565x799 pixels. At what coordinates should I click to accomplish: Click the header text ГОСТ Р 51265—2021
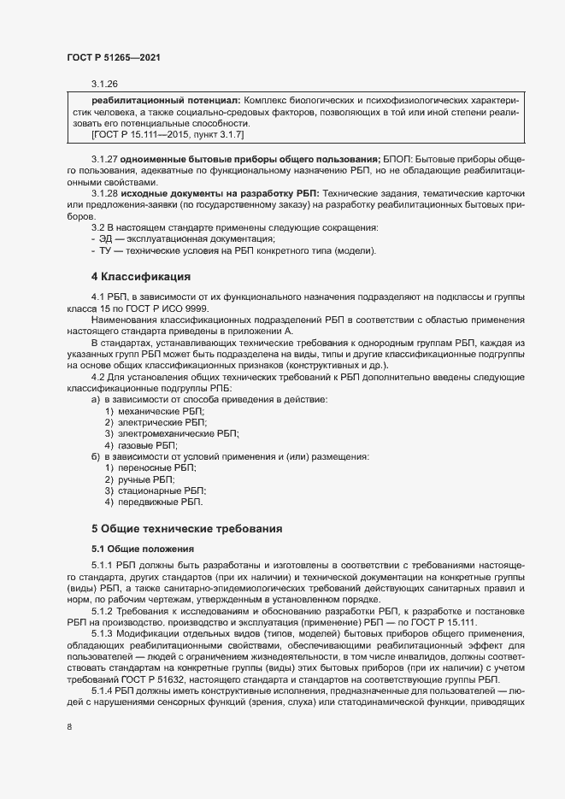[113, 57]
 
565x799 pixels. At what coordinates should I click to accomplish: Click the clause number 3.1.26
[104, 84]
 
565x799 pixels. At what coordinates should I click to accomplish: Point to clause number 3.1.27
[105, 161]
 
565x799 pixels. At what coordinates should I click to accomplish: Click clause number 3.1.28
[105, 195]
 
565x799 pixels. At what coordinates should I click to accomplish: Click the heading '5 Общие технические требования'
[193, 529]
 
